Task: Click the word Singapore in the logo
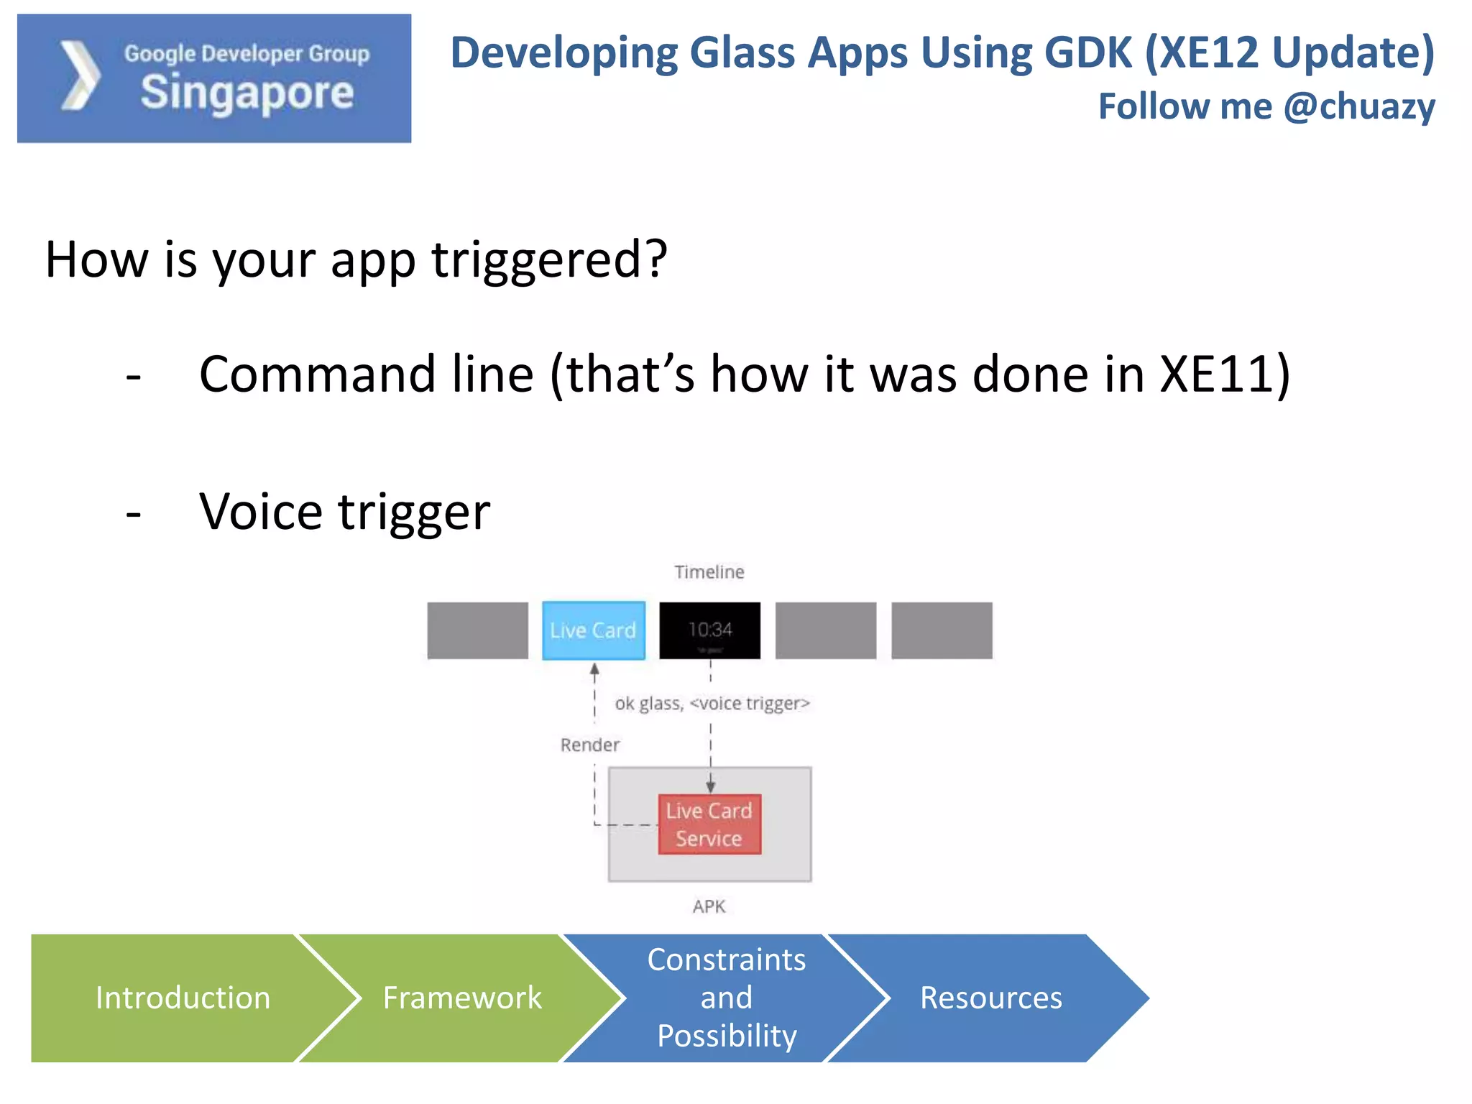click(247, 93)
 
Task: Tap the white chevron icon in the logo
click(80, 76)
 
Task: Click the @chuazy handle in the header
click(1358, 106)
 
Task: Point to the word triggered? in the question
click(549, 259)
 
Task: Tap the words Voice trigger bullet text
click(344, 512)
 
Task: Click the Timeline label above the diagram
click(709, 572)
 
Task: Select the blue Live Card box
click(593, 630)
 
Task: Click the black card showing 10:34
click(709, 630)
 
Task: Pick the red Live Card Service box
click(709, 824)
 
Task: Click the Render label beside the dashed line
click(589, 745)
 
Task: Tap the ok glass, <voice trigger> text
click(712, 703)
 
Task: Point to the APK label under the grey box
click(709, 906)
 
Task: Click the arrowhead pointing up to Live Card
click(594, 669)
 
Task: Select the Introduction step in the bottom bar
click(183, 998)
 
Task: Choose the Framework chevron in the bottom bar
click(462, 998)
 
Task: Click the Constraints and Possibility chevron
click(726, 998)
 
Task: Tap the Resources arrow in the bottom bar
click(990, 998)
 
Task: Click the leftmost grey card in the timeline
click(477, 630)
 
